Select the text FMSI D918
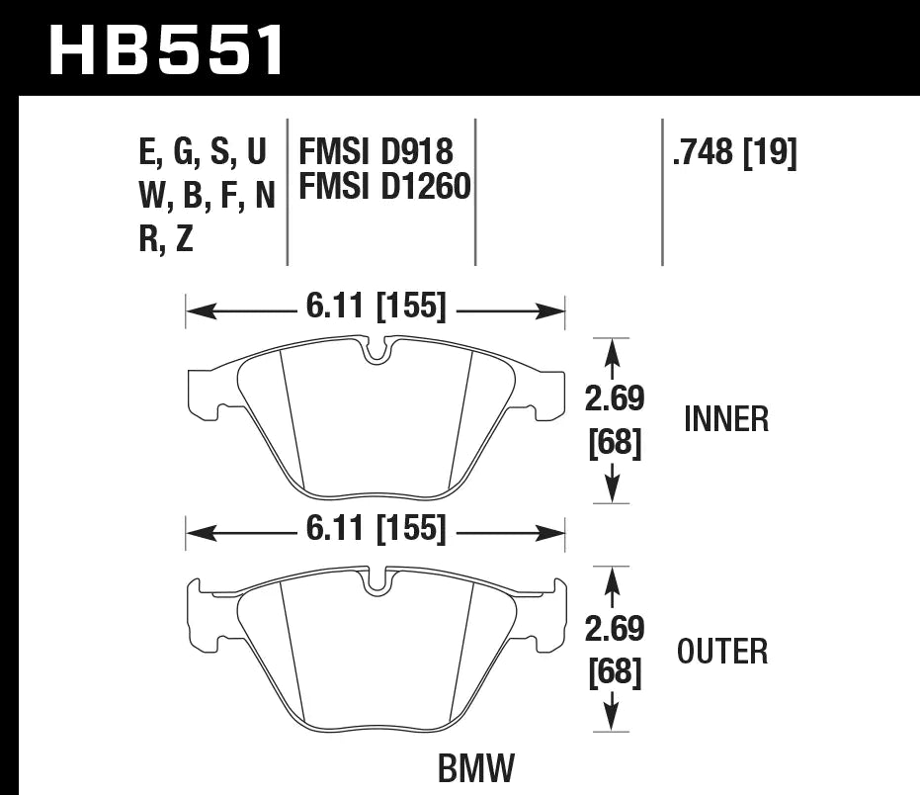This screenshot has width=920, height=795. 376,151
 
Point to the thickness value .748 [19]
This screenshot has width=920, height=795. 733,152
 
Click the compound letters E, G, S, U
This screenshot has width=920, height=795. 204,152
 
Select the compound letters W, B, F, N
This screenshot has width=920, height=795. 206,196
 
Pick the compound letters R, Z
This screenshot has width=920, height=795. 166,240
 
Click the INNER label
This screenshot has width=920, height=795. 725,419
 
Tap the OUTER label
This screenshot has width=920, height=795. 722,652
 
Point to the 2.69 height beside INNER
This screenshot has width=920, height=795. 614,398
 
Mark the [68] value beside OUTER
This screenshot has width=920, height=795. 614,674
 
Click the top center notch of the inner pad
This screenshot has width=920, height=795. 376,351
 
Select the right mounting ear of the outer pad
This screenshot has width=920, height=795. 554,615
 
